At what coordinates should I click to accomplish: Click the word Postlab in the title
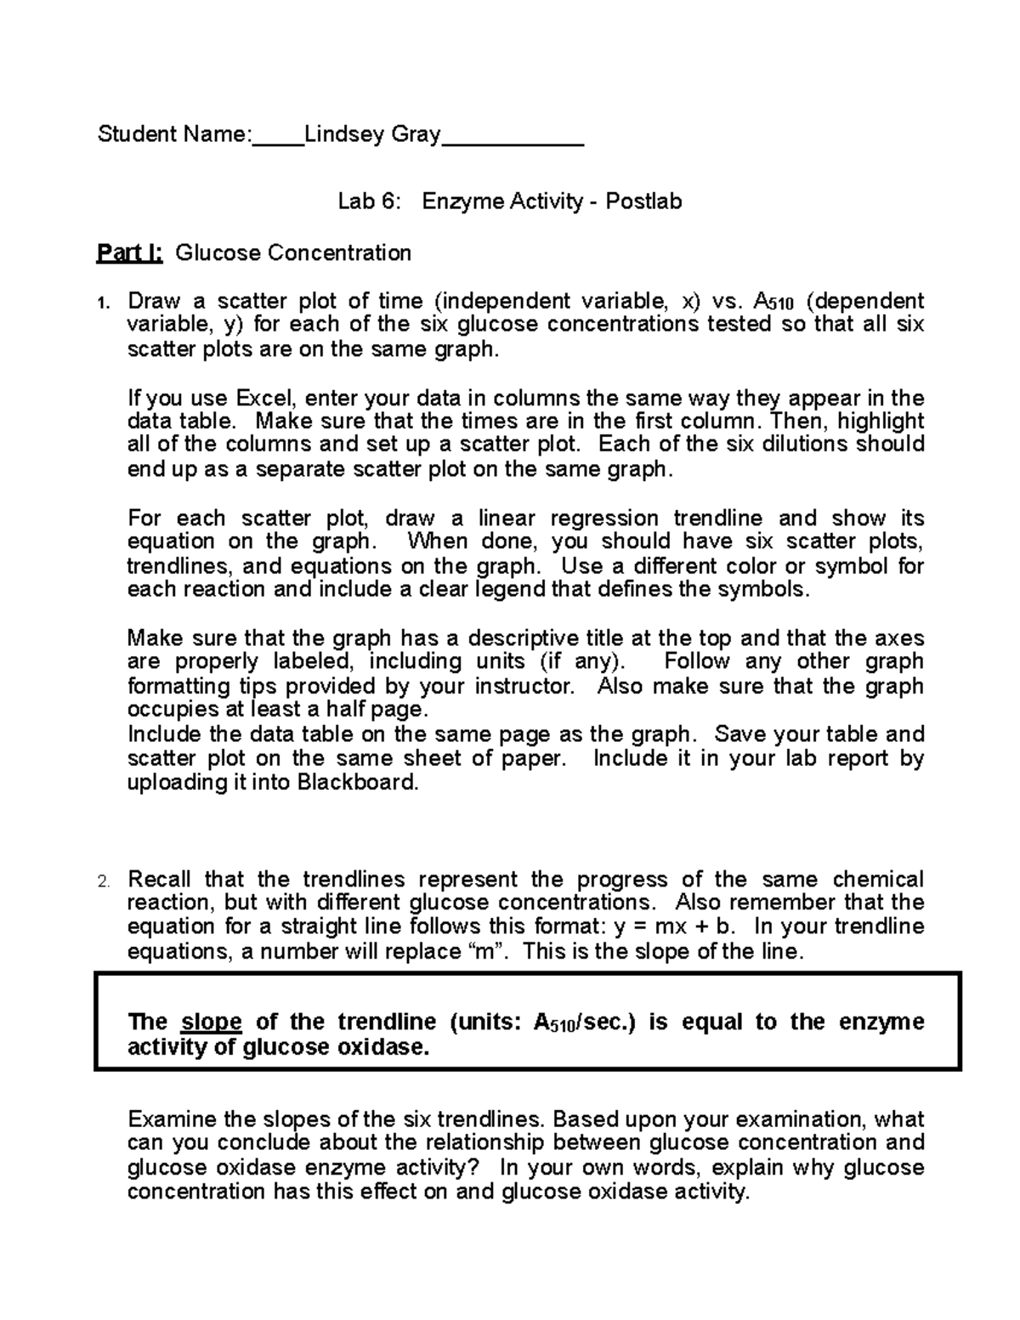coord(643,201)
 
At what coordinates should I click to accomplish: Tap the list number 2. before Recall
coord(104,881)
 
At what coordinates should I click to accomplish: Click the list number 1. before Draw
coord(103,303)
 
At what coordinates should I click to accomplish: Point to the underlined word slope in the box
coord(212,1022)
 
